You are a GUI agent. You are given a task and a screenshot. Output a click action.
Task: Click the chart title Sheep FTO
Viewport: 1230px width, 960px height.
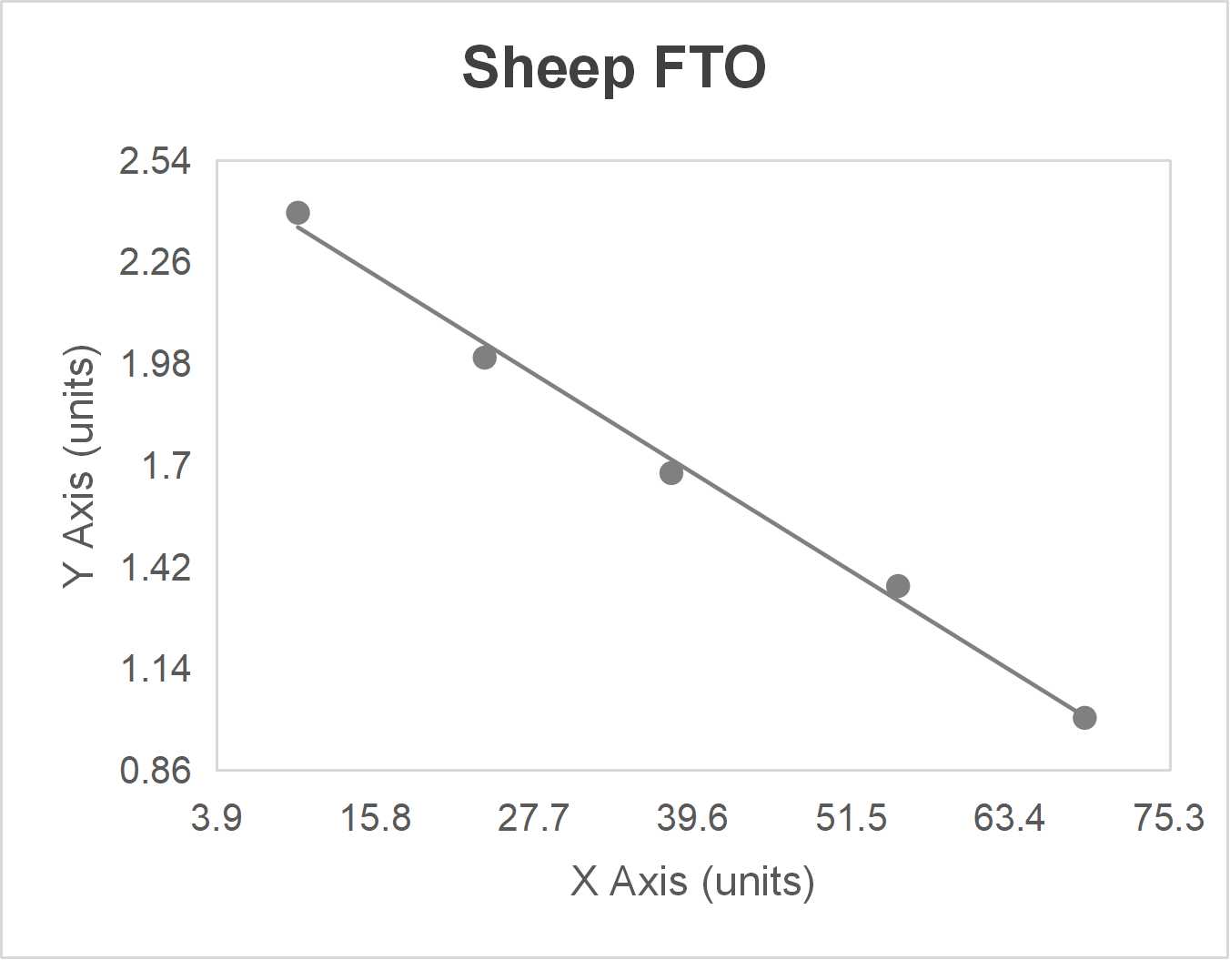(614, 67)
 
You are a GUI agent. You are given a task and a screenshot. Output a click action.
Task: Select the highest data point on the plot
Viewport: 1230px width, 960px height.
(297, 213)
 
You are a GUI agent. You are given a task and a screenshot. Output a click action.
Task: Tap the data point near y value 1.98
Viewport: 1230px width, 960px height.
(485, 358)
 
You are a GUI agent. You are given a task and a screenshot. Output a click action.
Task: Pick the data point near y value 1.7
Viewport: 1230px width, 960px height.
(671, 473)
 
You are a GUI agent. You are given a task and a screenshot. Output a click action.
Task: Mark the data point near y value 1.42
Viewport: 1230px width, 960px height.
(898, 586)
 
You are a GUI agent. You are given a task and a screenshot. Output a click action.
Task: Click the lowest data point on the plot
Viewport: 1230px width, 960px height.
(1084, 718)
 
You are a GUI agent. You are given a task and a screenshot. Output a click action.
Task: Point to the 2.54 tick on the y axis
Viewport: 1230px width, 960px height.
(156, 162)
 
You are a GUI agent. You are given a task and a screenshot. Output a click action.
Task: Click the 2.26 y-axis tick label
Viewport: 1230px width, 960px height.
(156, 263)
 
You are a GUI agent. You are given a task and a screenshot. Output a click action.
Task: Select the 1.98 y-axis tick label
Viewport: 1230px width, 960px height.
(156, 365)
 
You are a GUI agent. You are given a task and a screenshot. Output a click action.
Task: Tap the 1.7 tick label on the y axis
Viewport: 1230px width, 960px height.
(166, 467)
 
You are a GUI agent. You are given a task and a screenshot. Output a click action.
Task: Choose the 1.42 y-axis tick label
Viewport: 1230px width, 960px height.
(156, 568)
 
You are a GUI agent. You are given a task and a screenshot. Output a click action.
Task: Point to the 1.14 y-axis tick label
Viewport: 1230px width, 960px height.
(156, 670)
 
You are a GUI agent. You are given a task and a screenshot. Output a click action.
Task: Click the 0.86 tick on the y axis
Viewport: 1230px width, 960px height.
(156, 771)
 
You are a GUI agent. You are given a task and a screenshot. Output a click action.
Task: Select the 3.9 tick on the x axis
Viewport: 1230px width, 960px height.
(217, 818)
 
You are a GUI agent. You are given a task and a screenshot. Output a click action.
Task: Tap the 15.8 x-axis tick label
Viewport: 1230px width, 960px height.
(375, 818)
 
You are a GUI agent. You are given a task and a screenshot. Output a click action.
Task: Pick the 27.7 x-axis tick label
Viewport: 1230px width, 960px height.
(534, 818)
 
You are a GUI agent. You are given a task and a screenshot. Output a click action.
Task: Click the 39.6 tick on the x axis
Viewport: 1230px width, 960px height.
(692, 818)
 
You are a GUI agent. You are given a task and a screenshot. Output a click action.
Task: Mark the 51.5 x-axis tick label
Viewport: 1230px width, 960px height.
(852, 818)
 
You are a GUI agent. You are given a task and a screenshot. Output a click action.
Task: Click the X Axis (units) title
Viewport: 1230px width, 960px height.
(692, 882)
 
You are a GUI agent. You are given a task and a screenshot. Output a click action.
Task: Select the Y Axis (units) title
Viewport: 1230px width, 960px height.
(79, 466)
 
